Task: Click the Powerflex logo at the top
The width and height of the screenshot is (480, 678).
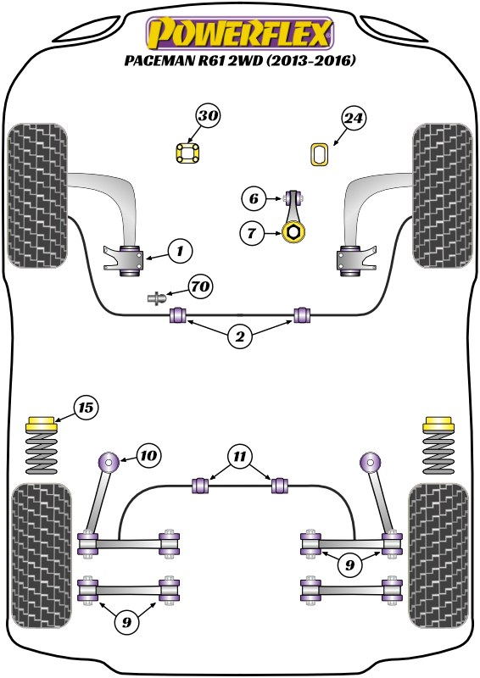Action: point(240,35)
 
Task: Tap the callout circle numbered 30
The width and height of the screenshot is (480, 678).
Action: point(209,116)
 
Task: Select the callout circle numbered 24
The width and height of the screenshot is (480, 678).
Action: point(354,119)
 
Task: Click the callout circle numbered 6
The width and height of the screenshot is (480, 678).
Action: point(253,200)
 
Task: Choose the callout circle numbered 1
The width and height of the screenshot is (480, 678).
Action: point(179,250)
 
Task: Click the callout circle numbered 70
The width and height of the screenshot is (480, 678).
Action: point(200,287)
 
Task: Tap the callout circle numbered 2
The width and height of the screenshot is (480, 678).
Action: point(240,337)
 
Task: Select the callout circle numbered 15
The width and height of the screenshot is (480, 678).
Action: point(86,408)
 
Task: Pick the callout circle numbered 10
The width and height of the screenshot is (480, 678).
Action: point(148,456)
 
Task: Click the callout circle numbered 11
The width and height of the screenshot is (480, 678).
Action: point(240,456)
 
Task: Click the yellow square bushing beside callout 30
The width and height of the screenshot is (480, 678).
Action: point(187,153)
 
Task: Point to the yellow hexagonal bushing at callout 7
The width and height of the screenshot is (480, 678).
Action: point(294,231)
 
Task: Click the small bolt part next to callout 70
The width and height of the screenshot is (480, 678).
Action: point(156,297)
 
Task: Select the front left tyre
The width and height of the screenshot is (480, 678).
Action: point(36,194)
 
